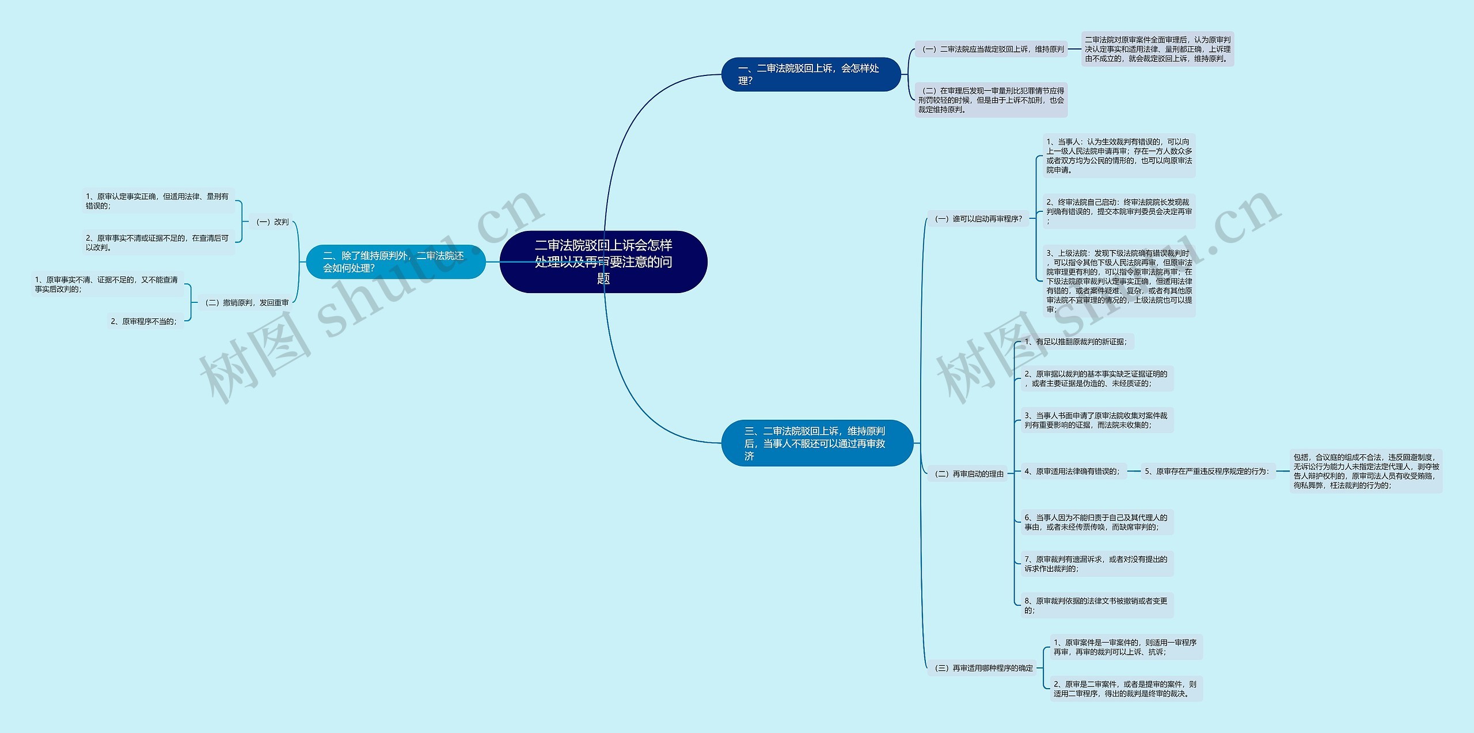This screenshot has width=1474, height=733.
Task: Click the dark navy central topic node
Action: pos(603,262)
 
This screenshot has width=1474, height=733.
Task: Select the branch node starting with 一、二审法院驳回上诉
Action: pos(810,74)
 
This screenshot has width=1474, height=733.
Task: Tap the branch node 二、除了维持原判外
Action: pos(396,262)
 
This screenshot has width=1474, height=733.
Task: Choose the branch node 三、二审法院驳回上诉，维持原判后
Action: pos(816,443)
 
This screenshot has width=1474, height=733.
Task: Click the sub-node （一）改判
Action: pos(272,222)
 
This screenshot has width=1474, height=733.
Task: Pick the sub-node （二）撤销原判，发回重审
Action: pos(246,302)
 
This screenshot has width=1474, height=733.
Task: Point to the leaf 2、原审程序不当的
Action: pos(144,321)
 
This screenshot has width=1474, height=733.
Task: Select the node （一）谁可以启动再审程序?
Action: pos(978,219)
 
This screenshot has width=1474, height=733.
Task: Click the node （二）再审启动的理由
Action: pos(968,474)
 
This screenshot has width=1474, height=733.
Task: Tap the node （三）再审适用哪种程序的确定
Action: pos(983,668)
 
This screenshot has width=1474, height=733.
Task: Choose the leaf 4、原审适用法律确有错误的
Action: pos(1072,471)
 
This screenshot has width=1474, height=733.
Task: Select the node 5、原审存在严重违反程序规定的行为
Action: pos(1207,471)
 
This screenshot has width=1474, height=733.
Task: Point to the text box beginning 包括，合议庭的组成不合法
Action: pos(1366,471)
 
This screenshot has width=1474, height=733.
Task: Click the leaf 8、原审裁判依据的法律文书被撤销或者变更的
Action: pos(1096,605)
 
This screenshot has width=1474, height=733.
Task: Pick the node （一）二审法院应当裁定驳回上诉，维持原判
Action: pos(992,50)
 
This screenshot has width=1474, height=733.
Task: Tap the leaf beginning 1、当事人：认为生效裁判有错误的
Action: pos(1119,155)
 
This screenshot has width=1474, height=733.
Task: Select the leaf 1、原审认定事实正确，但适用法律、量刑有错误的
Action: pos(158,201)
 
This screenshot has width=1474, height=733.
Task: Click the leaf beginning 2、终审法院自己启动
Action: pos(1119,211)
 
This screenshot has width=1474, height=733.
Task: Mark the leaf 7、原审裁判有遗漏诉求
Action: pos(1096,564)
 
